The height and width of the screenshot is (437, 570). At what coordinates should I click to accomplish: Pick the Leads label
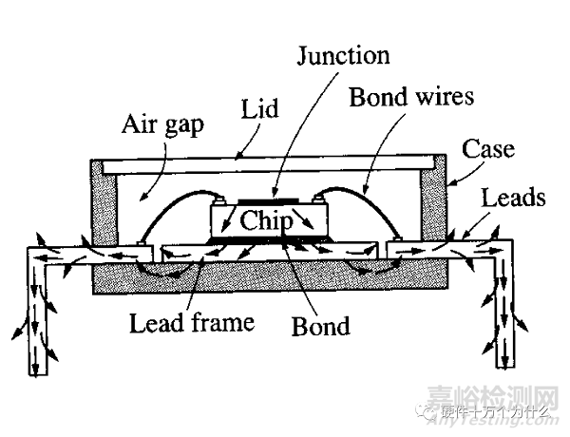514,198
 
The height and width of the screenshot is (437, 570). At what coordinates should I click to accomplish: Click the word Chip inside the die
269,220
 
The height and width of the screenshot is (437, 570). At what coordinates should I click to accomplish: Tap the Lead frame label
191,322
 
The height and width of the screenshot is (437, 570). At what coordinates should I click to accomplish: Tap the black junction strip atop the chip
268,202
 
